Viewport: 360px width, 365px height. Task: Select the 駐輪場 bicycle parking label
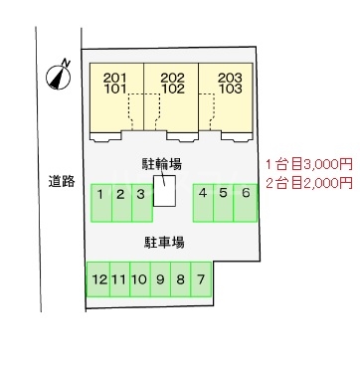(x=161, y=162)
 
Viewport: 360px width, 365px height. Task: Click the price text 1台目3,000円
(x=308, y=162)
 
